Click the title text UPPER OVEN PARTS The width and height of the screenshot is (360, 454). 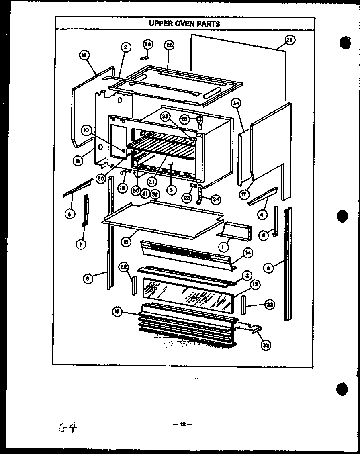coord(185,23)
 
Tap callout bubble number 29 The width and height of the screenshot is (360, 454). coord(290,39)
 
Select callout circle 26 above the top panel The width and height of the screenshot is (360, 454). coord(169,45)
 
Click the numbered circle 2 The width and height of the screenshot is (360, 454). coord(126,47)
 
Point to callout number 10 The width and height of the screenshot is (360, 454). coord(86,130)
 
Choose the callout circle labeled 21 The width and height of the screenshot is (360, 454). coord(152,182)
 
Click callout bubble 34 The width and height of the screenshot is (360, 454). coord(237,104)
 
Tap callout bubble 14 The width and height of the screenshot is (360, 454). coord(248,253)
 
